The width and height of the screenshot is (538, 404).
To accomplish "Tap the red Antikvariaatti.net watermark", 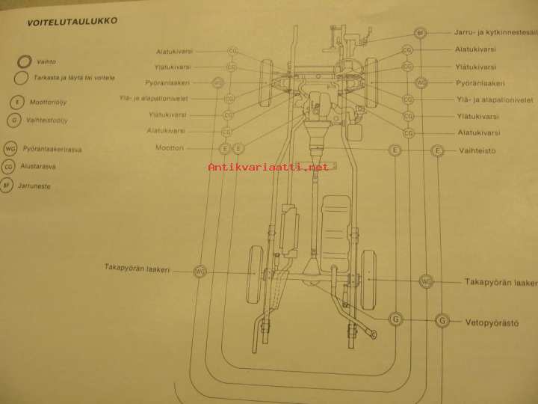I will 268,168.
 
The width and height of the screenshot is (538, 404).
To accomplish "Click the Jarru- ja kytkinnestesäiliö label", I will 494,33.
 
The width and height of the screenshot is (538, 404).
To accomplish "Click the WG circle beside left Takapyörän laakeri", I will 200,271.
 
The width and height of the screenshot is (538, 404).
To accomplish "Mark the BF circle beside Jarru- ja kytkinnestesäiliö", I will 421,34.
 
